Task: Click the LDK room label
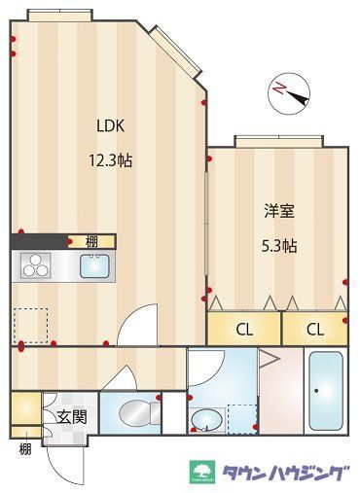point(110,124)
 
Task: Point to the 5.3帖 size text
point(277,246)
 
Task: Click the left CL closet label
point(244,329)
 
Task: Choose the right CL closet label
point(315,329)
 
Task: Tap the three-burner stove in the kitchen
point(35,264)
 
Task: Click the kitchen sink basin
point(94,264)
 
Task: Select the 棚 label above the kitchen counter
point(90,240)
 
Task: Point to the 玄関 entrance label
point(71,418)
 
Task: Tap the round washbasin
point(206,420)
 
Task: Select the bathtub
point(324,394)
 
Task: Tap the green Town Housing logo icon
point(204,473)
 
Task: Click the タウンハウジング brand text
point(283,473)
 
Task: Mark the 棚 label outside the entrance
point(23,448)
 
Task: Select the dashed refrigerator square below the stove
point(30,325)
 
